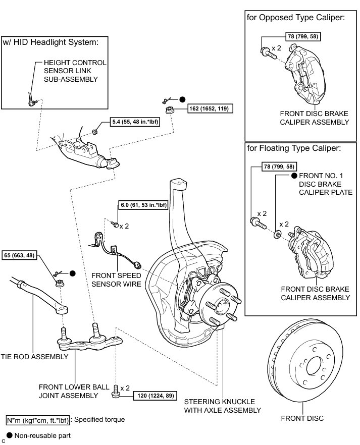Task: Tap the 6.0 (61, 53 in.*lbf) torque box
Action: coord(143,205)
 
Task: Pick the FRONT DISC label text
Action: coord(302,418)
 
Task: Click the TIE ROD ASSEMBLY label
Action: coord(34,357)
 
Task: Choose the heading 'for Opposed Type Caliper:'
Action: coord(295,17)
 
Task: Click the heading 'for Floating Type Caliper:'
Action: coord(294,149)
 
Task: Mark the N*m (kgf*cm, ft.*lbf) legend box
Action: coord(37,419)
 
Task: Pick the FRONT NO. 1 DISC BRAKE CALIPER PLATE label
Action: coord(326,184)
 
